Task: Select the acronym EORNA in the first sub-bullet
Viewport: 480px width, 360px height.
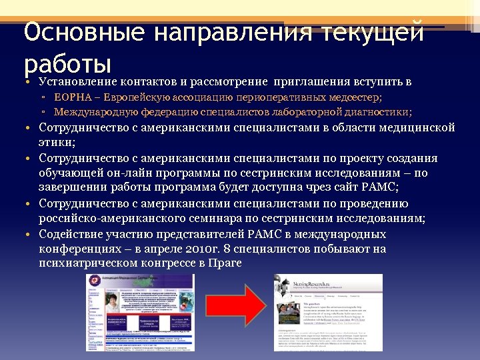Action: point(71,97)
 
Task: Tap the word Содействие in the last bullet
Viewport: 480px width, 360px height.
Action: point(71,235)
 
